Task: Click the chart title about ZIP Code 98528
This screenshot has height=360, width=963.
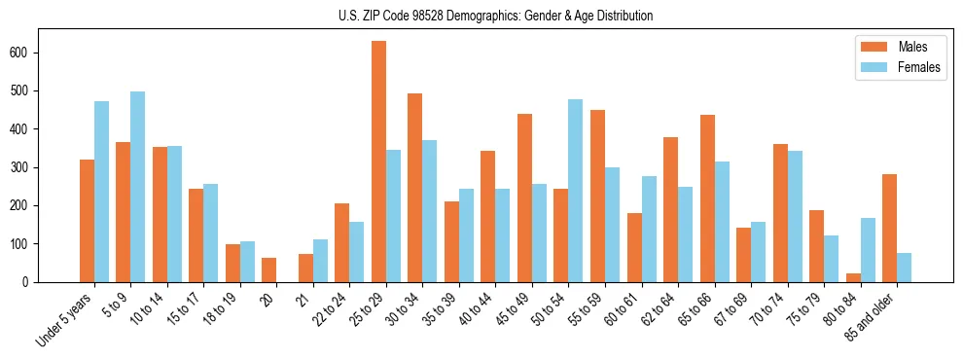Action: point(481,16)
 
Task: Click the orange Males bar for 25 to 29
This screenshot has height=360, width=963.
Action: point(378,162)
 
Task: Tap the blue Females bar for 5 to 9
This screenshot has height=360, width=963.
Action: point(138,187)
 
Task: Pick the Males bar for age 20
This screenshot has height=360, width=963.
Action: point(269,270)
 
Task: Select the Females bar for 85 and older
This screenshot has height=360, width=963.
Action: point(905,268)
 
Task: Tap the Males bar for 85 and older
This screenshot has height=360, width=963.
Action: point(890,228)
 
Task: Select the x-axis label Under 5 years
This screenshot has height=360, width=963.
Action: point(66,319)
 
